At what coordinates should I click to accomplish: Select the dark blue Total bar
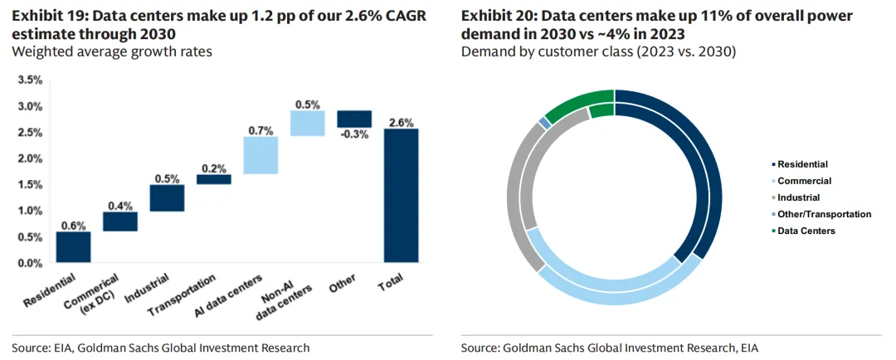(401, 196)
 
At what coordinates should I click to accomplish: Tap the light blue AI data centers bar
(261, 155)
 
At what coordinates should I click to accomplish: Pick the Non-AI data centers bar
(307, 123)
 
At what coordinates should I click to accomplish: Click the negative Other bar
(354, 119)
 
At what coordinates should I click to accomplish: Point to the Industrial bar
(167, 197)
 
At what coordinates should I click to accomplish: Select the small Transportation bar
(213, 179)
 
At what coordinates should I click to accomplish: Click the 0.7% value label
(261, 130)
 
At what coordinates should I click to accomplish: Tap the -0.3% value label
(354, 135)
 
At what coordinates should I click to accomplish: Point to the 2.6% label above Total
(401, 122)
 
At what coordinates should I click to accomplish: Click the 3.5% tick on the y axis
(30, 80)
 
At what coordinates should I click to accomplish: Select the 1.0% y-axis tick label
(30, 211)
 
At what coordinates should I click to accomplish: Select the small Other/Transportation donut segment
(545, 122)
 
